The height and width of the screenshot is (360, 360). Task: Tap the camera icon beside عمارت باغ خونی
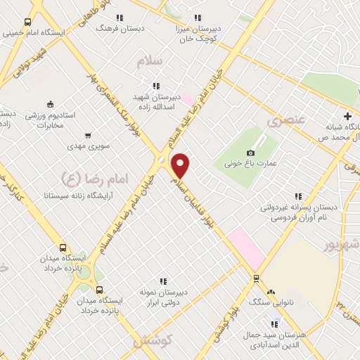pos(251,153)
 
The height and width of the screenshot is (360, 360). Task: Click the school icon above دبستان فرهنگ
pos(120,18)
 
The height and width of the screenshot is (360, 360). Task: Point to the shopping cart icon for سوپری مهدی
pos(87,136)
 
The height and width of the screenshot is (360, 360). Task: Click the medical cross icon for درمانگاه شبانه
pos(347,115)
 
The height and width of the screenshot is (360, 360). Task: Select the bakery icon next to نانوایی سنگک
pos(271,291)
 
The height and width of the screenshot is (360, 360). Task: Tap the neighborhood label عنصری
pos(286,120)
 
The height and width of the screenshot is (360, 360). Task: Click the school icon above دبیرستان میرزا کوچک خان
pos(198,18)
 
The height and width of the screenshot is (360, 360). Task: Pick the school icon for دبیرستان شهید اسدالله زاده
pos(156,86)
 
